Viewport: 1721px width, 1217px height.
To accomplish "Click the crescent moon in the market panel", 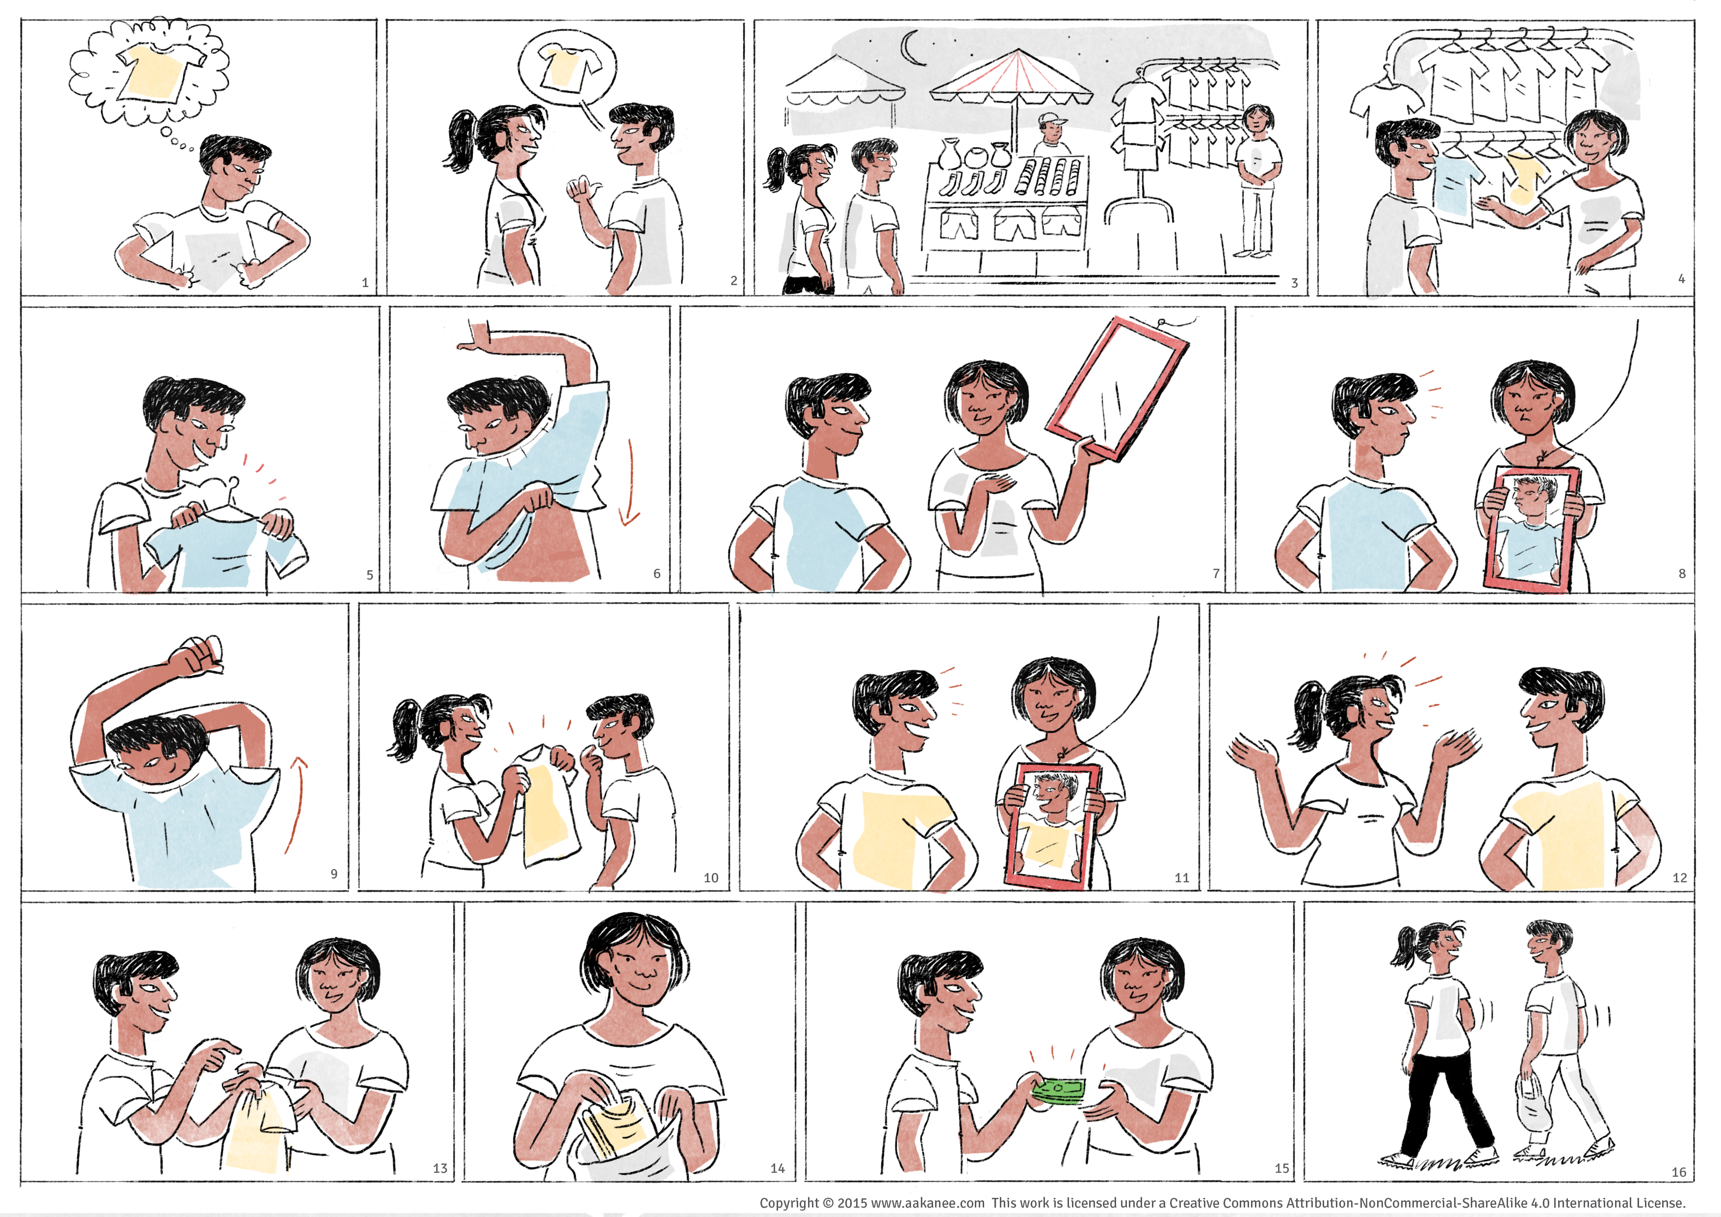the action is pyautogui.click(x=909, y=49).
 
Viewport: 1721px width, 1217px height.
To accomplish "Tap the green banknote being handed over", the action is pyautogui.click(x=1058, y=1090).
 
